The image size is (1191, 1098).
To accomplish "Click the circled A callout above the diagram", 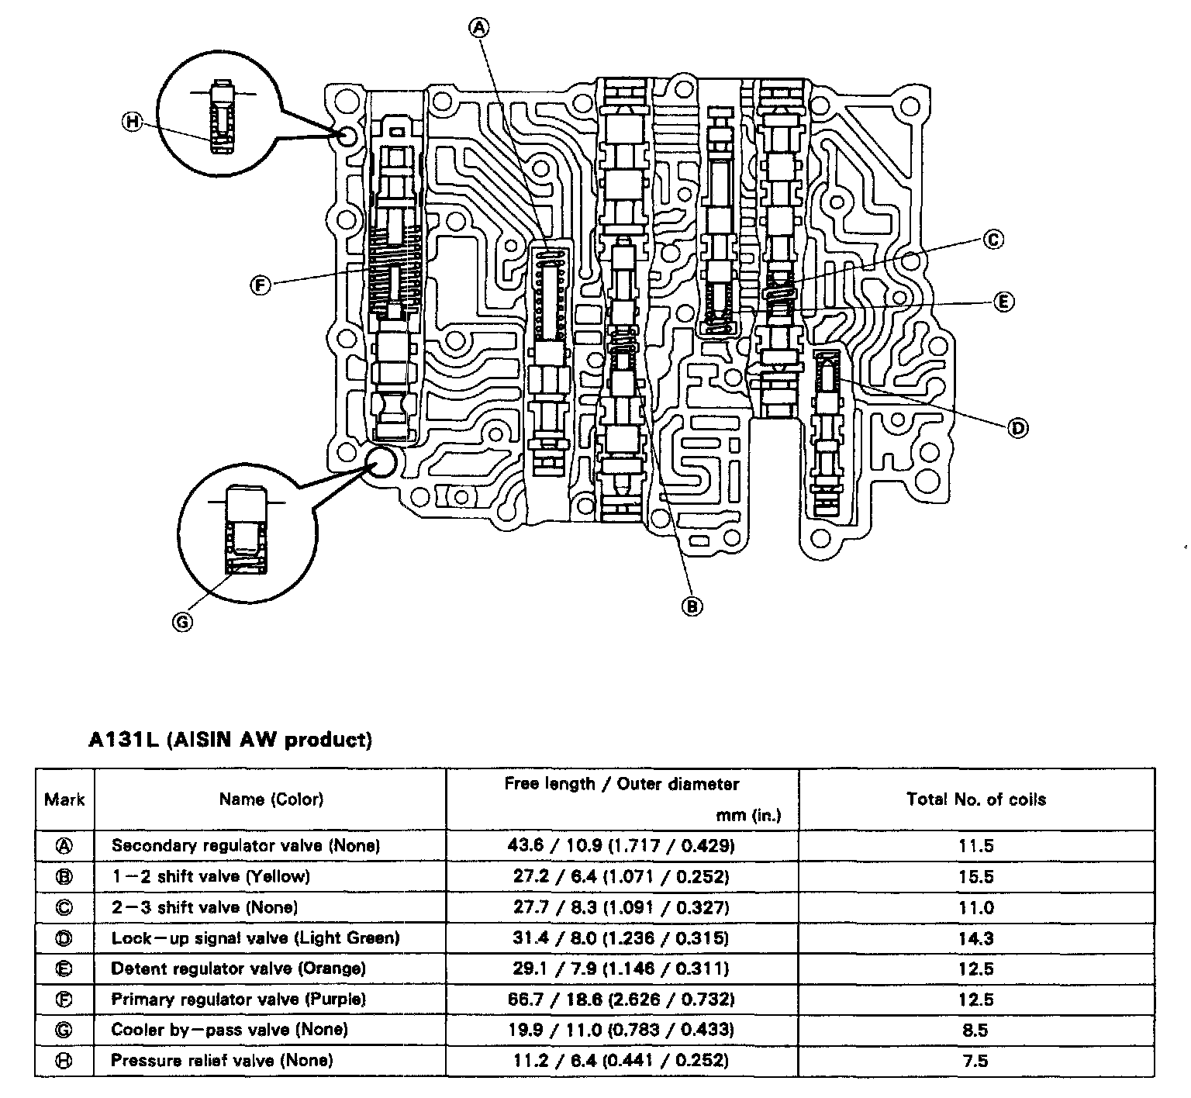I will point(479,28).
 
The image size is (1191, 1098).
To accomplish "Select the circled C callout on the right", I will point(993,240).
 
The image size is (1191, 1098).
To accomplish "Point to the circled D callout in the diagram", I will point(1017,427).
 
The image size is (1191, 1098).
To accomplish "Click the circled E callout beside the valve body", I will point(1003,302).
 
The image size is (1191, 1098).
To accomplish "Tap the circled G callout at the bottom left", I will point(183,621).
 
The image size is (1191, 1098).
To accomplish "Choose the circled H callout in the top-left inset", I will point(133,121).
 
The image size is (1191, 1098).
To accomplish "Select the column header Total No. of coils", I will point(975,799).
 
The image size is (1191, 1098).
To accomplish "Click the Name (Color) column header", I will point(271,799).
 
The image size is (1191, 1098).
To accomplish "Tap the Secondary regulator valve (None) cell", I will point(246,845).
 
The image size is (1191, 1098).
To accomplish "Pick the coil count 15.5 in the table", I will point(975,877).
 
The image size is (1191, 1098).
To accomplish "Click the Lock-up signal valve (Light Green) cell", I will point(255,937).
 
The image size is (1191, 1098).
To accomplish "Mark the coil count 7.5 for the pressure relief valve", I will point(975,1060).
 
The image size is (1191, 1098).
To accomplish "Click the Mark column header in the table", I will point(65,799).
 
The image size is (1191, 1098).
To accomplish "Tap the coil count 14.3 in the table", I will point(975,938).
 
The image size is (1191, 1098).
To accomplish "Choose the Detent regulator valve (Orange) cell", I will point(238,969).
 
